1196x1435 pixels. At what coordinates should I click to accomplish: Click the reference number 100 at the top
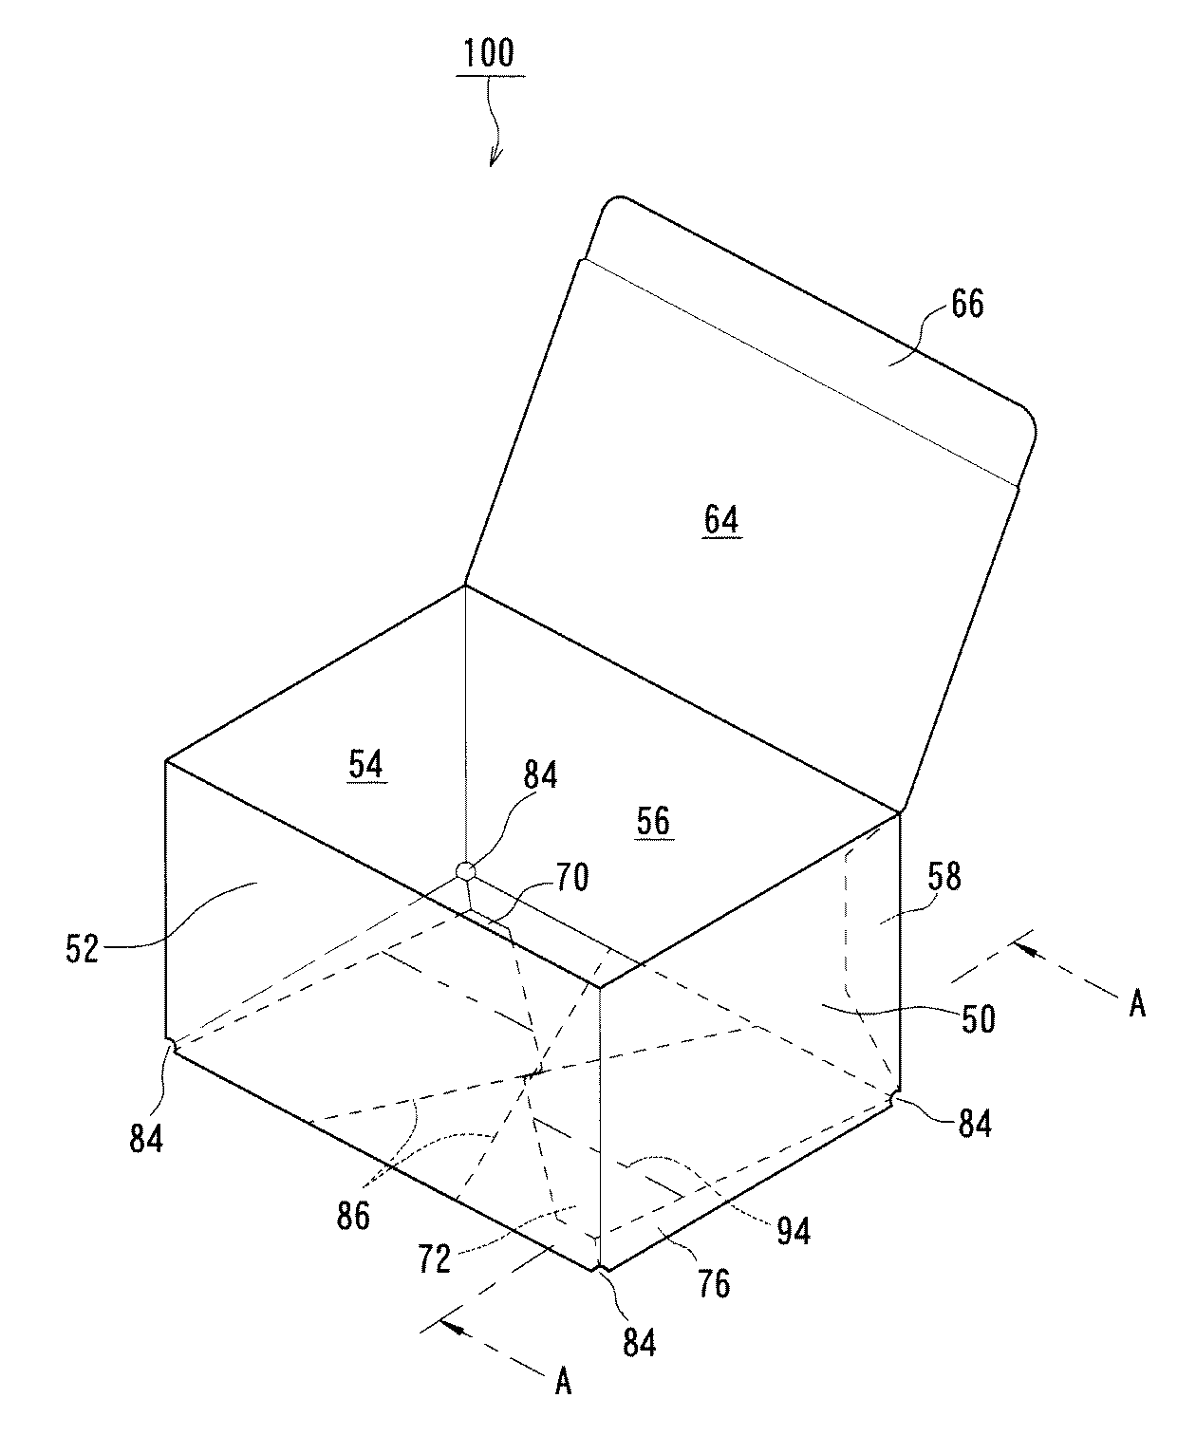click(x=489, y=53)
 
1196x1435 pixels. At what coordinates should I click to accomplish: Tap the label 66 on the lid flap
click(x=968, y=303)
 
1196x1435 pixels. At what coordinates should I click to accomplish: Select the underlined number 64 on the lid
click(x=721, y=520)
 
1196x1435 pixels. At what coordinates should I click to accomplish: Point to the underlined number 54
click(x=366, y=764)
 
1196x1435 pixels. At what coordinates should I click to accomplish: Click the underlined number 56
click(x=654, y=821)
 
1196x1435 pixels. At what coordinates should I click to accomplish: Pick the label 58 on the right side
click(x=944, y=877)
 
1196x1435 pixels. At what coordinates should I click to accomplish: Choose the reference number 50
click(x=978, y=1020)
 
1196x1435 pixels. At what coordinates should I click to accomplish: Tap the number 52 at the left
click(x=83, y=949)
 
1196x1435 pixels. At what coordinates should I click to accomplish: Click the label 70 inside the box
click(x=571, y=878)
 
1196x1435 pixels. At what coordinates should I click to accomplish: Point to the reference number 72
click(x=434, y=1259)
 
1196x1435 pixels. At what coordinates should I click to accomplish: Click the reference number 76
click(x=714, y=1284)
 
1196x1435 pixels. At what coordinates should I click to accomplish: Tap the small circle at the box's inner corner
click(x=465, y=871)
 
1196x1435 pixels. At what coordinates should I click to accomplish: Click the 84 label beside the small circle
click(x=540, y=775)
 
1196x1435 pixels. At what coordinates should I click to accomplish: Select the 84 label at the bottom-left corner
click(x=146, y=1139)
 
